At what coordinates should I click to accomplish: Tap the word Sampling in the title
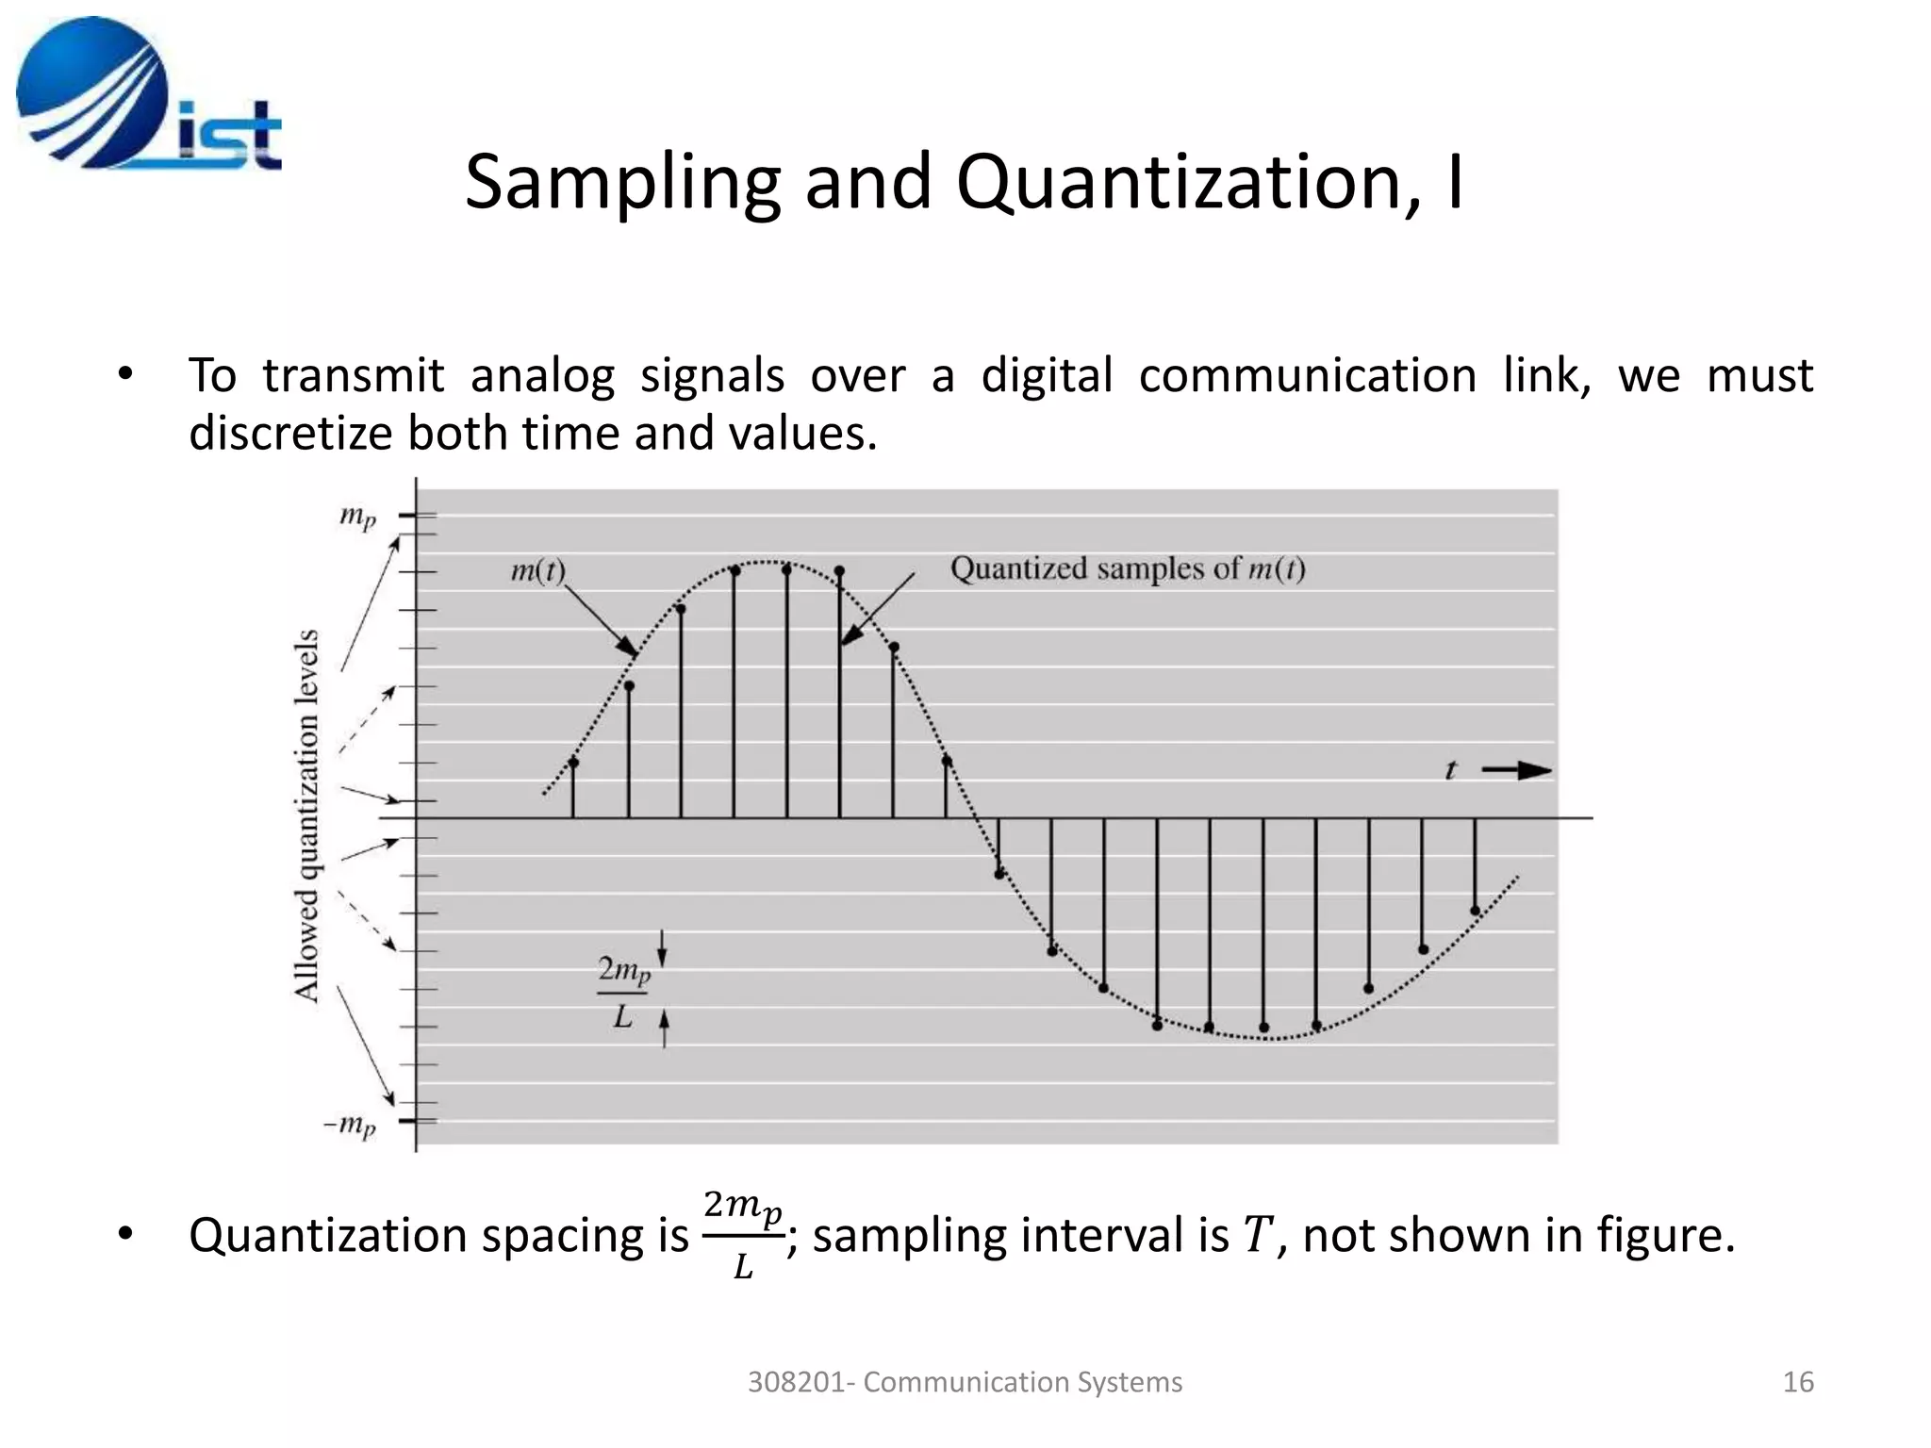click(x=622, y=182)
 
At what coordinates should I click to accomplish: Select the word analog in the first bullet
click(x=542, y=375)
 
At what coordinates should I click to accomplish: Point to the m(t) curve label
click(x=537, y=570)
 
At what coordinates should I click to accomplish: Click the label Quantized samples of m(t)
click(x=1127, y=568)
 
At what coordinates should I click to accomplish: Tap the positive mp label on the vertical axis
click(x=357, y=516)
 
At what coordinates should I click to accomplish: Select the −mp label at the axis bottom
click(x=350, y=1124)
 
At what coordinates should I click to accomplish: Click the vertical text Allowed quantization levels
click(x=306, y=815)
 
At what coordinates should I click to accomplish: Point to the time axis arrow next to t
click(x=1518, y=771)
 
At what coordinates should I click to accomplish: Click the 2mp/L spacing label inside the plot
click(x=623, y=991)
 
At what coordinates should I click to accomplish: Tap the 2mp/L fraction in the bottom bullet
click(x=743, y=1235)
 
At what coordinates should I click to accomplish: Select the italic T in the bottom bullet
click(x=1258, y=1235)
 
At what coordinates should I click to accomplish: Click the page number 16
click(x=1797, y=1382)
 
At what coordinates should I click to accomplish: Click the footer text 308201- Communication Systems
click(x=965, y=1382)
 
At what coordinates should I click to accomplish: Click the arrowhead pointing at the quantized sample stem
click(x=850, y=636)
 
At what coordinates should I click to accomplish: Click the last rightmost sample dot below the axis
click(x=1476, y=911)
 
